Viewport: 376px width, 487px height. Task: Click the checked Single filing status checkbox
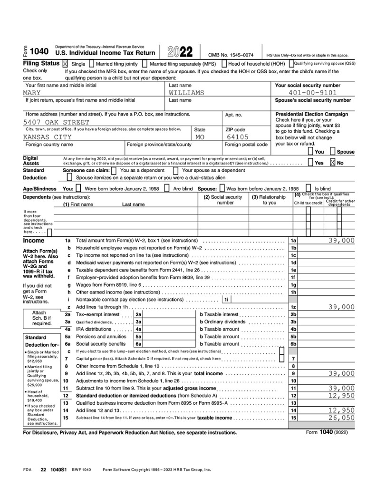coord(66,63)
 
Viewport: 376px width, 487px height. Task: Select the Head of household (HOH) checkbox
coord(224,63)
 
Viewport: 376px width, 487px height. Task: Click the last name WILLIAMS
coord(186,93)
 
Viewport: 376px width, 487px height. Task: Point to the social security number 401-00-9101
coord(312,93)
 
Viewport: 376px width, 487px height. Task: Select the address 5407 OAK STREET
coord(56,122)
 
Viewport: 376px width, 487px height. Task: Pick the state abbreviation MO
coord(200,137)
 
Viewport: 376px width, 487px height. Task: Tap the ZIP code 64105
coord(237,137)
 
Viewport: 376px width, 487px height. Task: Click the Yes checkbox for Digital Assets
coord(310,162)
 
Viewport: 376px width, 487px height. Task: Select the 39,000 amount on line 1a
coord(341,241)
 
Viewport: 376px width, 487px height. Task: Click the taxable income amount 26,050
coord(341,418)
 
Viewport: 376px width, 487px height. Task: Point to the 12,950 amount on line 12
coord(341,395)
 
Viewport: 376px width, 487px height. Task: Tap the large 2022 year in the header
coord(180,52)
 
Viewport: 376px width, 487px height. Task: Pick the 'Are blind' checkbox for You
coord(167,188)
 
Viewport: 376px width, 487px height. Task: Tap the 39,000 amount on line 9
coord(341,373)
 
